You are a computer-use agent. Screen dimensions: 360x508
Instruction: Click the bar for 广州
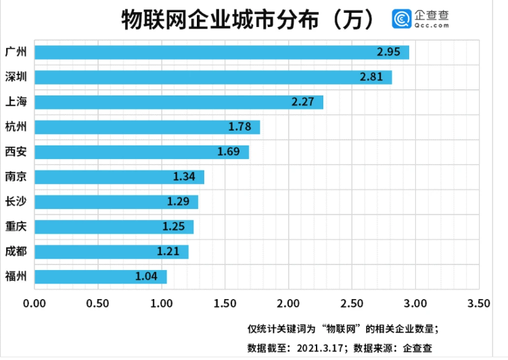tap(221, 52)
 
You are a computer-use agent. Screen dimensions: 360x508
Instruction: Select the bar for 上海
tap(179, 102)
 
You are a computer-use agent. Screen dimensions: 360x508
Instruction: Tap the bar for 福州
tap(100, 277)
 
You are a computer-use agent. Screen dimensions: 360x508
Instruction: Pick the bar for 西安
tap(141, 152)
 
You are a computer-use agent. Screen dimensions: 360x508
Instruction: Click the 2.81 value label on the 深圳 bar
tap(371, 77)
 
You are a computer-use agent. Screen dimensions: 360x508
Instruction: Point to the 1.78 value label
tap(240, 127)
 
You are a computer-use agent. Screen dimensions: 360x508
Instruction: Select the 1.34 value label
tap(184, 177)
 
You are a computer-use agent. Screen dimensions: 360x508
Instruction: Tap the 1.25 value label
tap(173, 227)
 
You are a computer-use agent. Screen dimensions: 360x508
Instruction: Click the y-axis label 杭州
tap(16, 127)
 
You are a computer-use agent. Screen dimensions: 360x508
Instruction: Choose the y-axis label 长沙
tap(16, 201)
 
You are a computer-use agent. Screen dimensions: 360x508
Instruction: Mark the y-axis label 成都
tap(16, 251)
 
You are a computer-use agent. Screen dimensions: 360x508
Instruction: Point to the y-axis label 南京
tap(16, 177)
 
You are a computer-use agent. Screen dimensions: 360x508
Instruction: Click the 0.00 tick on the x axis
tap(34, 302)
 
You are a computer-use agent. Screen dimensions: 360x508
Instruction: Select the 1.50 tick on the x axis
tap(225, 302)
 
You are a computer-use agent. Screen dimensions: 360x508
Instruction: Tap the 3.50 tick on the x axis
tap(479, 302)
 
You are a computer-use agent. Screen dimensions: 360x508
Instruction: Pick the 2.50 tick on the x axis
tap(352, 302)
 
